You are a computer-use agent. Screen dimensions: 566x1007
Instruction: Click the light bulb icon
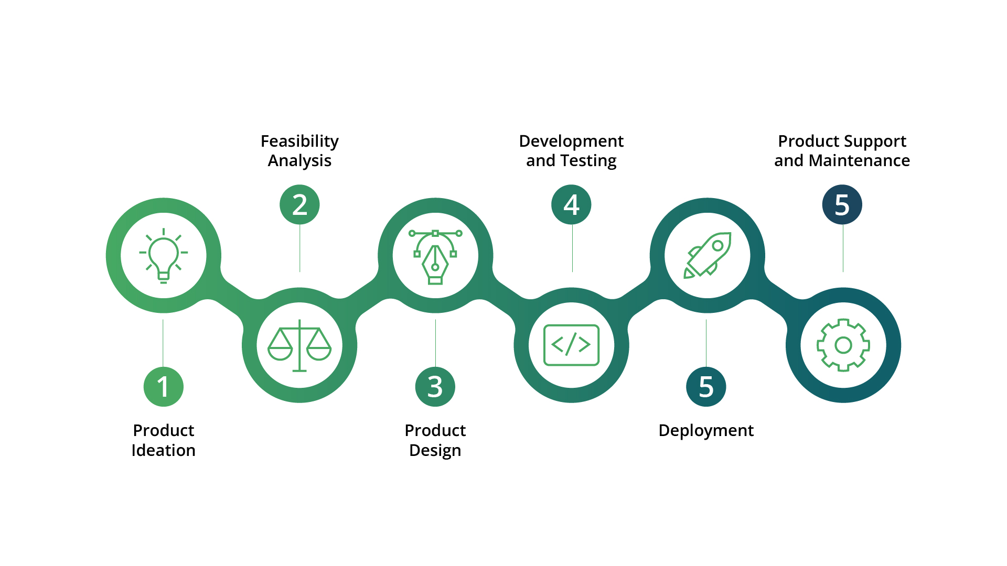click(164, 255)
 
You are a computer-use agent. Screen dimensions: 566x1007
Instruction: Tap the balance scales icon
click(299, 345)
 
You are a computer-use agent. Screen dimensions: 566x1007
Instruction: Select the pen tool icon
click(435, 256)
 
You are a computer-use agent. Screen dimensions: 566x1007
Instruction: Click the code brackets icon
click(571, 345)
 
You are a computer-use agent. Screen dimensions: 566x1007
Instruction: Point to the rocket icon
click(708, 255)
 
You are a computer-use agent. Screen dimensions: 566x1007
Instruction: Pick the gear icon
click(843, 345)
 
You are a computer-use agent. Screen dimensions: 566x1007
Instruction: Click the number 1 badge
click(164, 387)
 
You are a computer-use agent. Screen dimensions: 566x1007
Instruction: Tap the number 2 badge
click(299, 204)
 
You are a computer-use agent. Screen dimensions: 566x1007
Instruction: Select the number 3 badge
click(435, 387)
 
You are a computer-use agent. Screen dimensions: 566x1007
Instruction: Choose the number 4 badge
click(571, 204)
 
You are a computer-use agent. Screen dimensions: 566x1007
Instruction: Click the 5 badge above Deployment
click(706, 387)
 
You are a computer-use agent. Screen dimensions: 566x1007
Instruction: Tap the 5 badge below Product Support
click(842, 204)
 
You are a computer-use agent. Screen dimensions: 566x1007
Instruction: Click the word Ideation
click(163, 450)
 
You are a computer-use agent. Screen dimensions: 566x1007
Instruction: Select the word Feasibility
click(299, 141)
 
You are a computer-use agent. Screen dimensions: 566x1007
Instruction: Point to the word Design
click(435, 451)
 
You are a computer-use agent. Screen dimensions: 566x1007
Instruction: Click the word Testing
click(589, 161)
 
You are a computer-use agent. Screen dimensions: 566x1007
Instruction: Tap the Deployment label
click(706, 431)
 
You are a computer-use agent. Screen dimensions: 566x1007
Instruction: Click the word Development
click(571, 141)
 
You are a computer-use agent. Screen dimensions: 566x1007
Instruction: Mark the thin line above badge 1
click(163, 343)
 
